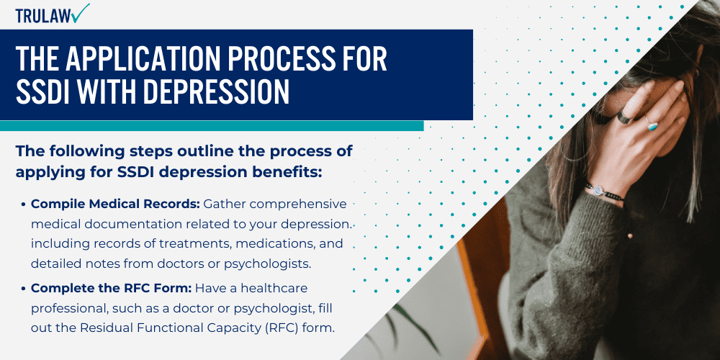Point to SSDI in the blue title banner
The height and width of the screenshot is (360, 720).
(45, 92)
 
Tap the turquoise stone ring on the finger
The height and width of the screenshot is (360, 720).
(652, 126)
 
